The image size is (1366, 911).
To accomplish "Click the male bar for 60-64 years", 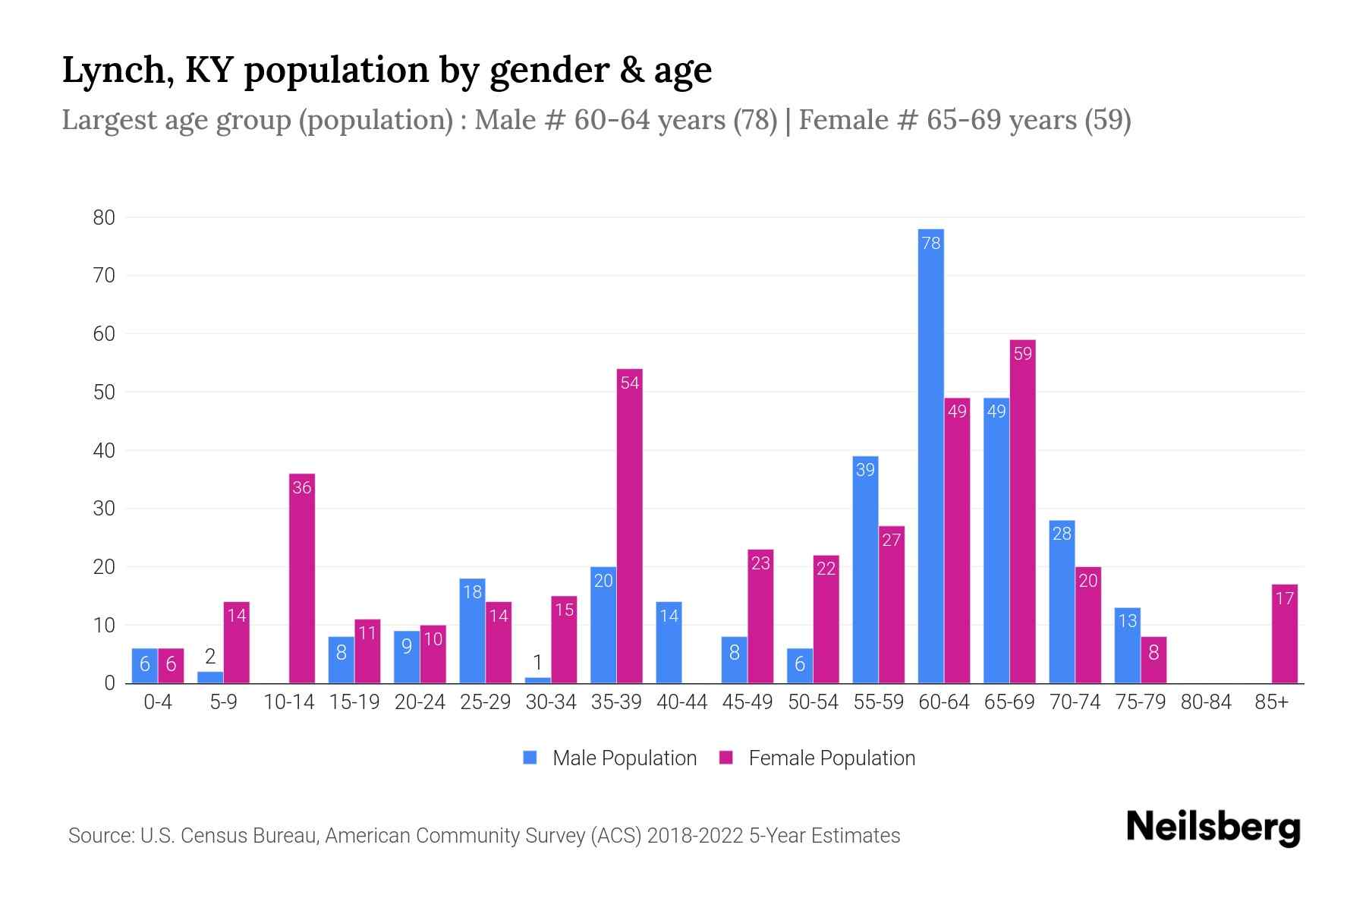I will point(930,455).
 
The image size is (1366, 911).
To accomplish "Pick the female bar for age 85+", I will point(1284,634).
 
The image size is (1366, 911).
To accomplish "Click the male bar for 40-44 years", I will point(669,642).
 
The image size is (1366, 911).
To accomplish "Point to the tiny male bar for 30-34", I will point(537,680).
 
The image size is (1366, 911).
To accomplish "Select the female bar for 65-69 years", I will point(1022,512).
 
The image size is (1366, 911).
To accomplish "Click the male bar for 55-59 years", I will point(865,569).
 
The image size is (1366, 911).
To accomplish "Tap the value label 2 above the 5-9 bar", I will point(210,657).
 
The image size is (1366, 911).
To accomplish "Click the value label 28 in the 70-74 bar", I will point(1062,534).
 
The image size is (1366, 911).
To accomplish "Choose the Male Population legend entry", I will point(609,758).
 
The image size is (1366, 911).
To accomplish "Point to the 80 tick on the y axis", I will point(104,218).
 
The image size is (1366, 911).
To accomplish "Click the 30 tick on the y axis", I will point(104,509).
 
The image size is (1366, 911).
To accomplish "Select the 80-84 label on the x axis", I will point(1205,702).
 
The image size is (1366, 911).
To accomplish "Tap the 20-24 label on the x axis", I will point(420,702).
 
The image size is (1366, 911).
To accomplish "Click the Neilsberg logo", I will point(1213,827).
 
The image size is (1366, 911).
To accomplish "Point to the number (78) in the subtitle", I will point(755,120).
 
